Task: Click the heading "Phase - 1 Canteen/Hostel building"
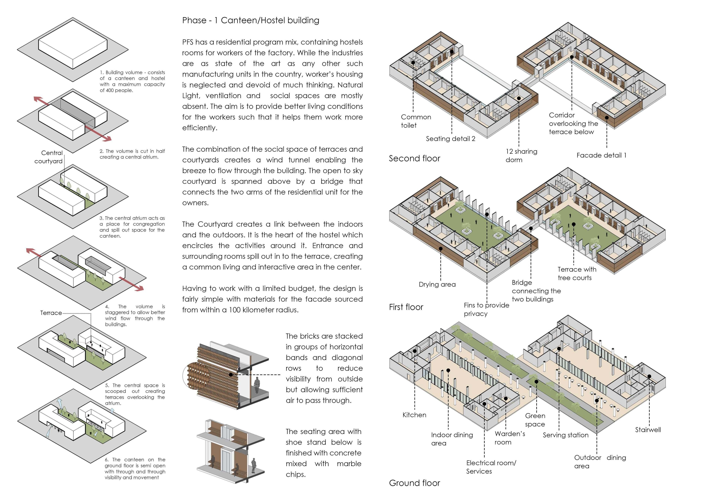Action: point(250,20)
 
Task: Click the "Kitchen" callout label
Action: point(414,415)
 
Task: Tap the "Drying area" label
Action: point(437,284)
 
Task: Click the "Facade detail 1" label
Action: point(601,155)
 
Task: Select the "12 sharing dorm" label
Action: point(521,156)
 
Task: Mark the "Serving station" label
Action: point(565,435)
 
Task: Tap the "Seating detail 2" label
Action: point(450,139)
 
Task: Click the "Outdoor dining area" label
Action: point(600,462)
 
